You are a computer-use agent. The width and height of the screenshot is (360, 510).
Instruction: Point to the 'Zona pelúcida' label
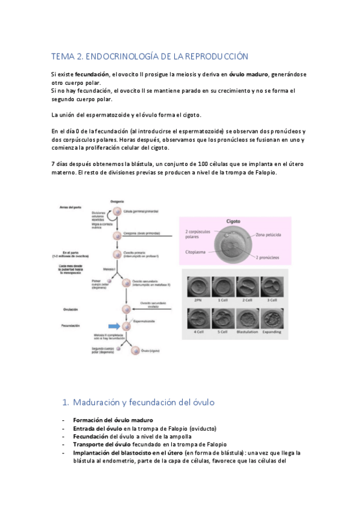(x=268, y=234)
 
